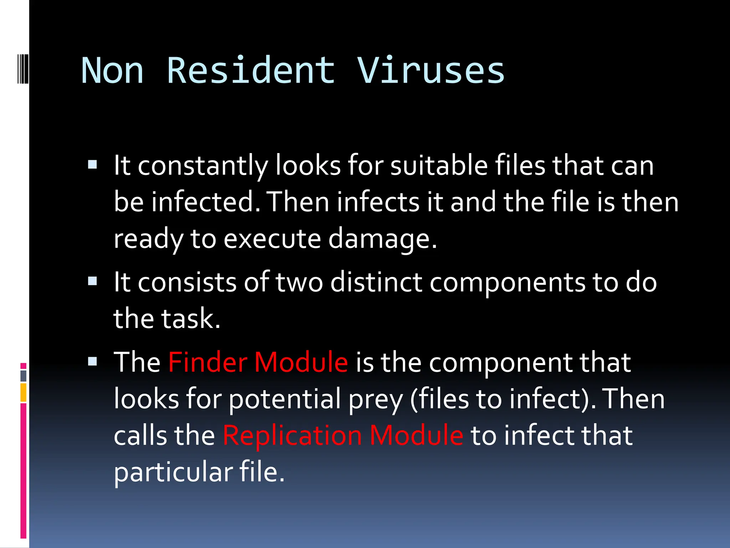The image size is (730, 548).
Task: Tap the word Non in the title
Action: click(x=112, y=71)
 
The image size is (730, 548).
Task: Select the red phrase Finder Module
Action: click(x=258, y=362)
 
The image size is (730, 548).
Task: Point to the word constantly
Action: click(x=202, y=166)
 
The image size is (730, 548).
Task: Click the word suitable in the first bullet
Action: click(x=439, y=166)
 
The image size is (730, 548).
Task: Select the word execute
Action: click(x=272, y=239)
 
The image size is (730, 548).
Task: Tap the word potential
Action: click(x=285, y=400)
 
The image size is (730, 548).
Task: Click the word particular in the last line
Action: click(x=173, y=472)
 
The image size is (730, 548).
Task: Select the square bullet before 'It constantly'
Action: click(x=92, y=164)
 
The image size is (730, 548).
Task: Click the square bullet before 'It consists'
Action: click(x=92, y=281)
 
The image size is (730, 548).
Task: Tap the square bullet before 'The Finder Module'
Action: click(x=92, y=362)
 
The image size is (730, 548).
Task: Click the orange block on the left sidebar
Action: click(x=24, y=392)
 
